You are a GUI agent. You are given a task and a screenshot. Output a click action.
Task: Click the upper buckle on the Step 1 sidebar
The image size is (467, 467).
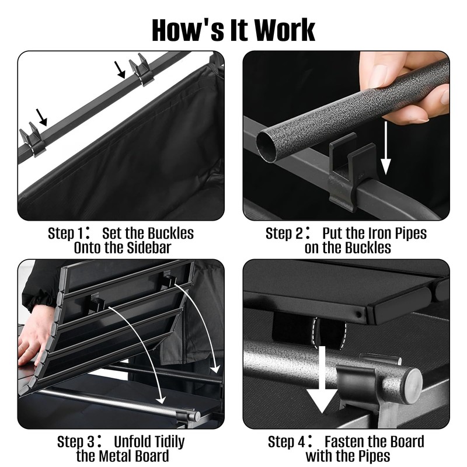coord(142,70)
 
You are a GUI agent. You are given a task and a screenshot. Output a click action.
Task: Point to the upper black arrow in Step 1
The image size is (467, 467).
coord(120,69)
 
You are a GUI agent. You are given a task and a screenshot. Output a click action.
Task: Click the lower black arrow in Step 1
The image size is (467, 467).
coord(41,117)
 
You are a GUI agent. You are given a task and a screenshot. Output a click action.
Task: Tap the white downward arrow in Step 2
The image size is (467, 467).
coord(385,148)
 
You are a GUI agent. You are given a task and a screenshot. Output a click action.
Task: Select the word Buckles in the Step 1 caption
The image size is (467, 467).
coord(170,233)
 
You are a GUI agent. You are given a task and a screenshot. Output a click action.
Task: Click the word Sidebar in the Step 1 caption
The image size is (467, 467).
coord(149,248)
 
